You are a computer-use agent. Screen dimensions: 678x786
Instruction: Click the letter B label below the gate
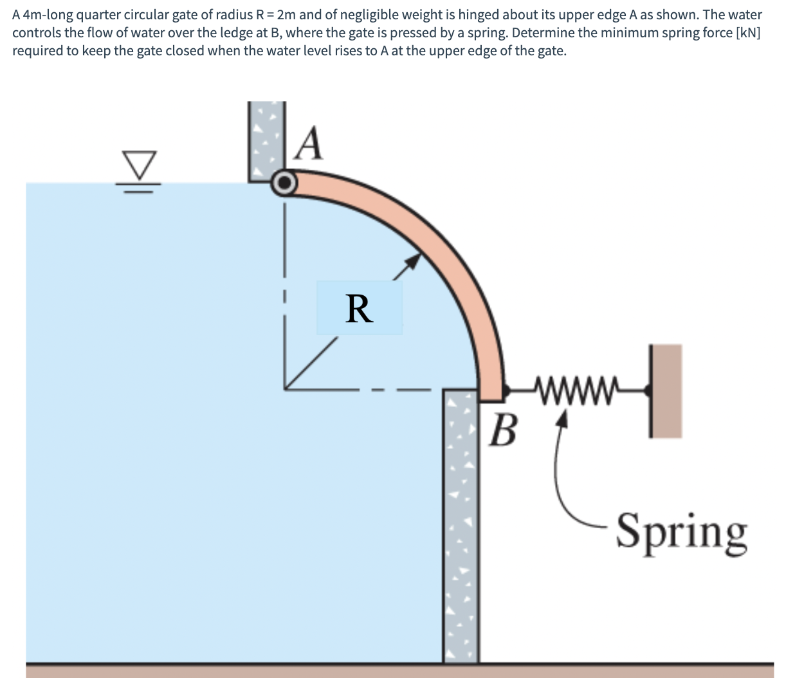click(504, 430)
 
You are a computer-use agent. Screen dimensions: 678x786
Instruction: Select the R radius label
click(359, 309)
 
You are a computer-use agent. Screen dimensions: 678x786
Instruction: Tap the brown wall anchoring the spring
click(666, 390)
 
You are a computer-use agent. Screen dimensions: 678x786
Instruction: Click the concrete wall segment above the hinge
click(266, 138)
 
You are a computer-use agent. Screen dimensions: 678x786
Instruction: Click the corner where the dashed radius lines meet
click(286, 389)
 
